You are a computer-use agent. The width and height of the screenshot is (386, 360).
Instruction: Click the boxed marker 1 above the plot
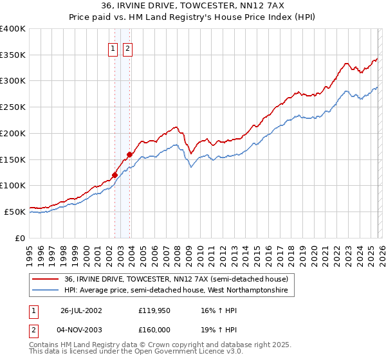tap(113, 48)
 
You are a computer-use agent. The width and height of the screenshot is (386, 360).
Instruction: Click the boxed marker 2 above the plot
tap(127, 48)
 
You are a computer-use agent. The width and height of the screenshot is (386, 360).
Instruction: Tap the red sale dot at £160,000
tap(129, 154)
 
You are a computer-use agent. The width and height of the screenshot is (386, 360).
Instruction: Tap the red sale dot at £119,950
tap(115, 175)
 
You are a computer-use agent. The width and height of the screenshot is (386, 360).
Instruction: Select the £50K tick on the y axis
tap(15, 212)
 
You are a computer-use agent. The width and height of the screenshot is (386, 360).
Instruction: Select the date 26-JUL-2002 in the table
tap(81, 310)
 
